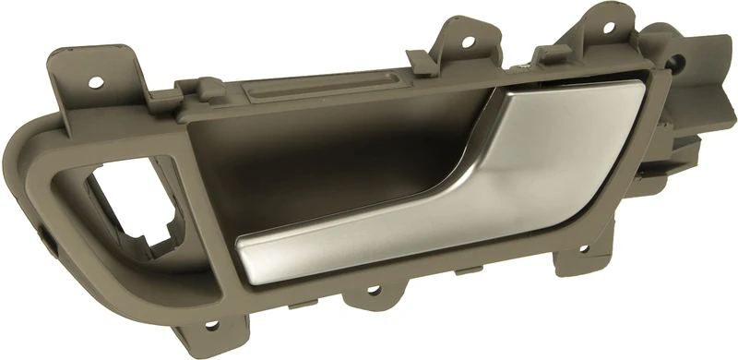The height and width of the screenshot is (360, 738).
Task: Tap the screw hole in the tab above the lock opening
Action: click(x=94, y=82)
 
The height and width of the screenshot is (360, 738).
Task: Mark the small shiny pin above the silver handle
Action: click(x=523, y=66)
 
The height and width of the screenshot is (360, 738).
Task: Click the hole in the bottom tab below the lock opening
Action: click(x=212, y=324)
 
